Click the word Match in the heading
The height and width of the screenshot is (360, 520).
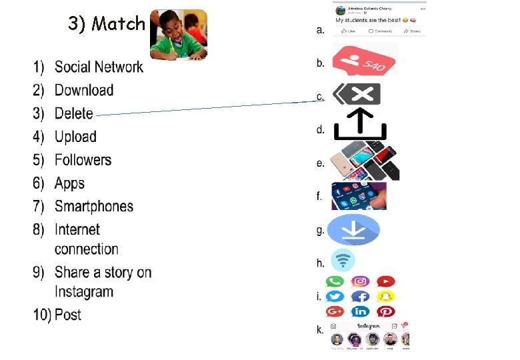tap(119, 24)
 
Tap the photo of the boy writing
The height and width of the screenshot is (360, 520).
tap(179, 35)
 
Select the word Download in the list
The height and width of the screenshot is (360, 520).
tap(84, 90)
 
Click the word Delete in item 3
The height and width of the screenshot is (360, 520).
tap(74, 113)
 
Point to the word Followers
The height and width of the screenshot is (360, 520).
tap(83, 160)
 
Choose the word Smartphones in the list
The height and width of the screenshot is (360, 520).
tap(94, 207)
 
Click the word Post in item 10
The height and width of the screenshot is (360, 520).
tap(68, 315)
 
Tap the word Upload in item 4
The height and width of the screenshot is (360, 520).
tap(75, 137)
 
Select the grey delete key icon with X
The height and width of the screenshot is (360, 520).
tap(357, 94)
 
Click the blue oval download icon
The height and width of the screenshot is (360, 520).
tap(353, 230)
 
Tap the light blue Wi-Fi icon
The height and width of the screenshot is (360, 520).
tap(343, 260)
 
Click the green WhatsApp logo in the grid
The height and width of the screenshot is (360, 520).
tap(335, 283)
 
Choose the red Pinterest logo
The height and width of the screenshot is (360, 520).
tap(385, 311)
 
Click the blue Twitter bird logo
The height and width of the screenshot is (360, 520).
tap(335, 297)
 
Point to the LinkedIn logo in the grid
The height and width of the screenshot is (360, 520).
tap(360, 311)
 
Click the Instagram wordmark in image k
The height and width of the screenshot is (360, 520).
tap(368, 325)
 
